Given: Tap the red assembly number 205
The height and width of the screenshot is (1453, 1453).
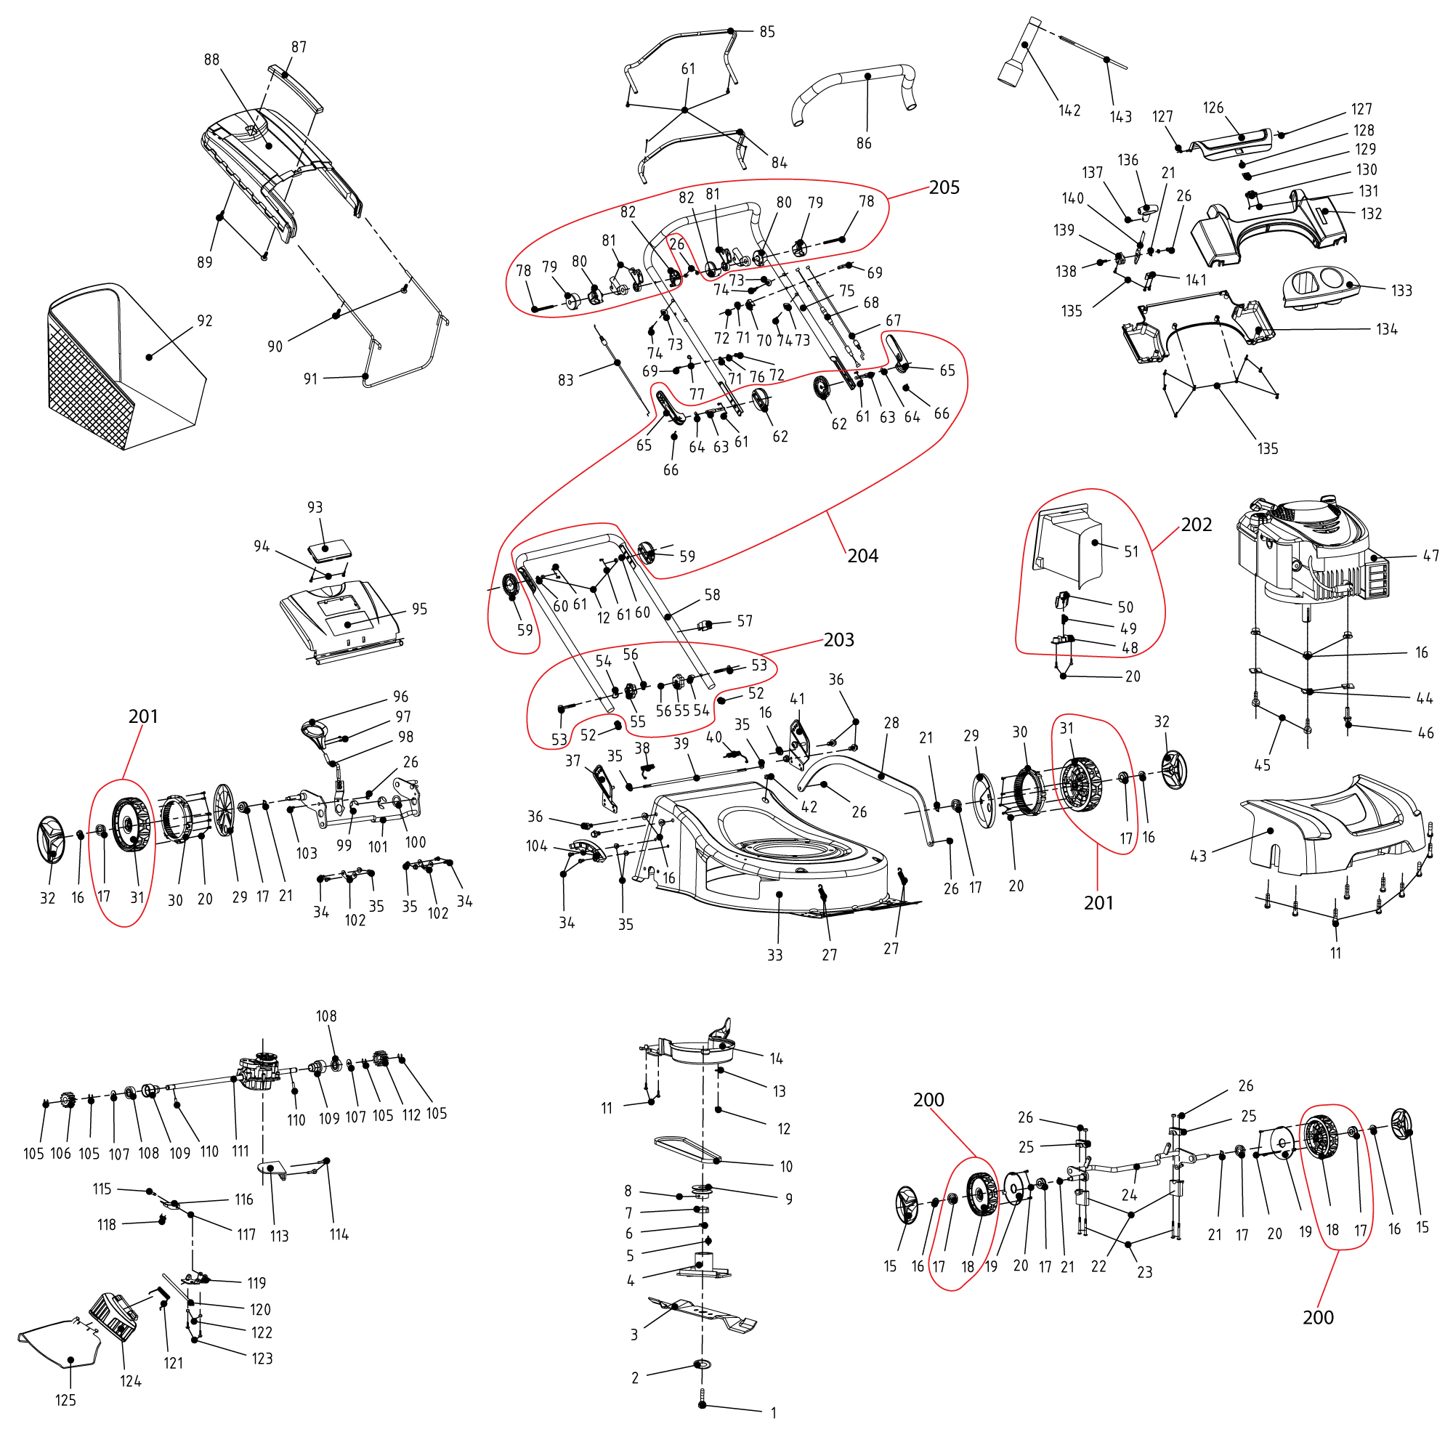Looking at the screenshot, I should pyautogui.click(x=944, y=187).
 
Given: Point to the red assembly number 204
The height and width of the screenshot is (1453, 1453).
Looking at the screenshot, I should pyautogui.click(x=862, y=556).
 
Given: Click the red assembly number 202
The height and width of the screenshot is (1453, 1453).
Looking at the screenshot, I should pyautogui.click(x=1196, y=525).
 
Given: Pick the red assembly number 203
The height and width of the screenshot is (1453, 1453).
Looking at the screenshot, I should pyautogui.click(x=838, y=639).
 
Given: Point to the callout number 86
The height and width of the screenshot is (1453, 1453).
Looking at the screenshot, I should pyautogui.click(x=863, y=143).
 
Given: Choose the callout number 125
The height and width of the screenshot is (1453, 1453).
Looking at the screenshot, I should pyautogui.click(x=65, y=1401).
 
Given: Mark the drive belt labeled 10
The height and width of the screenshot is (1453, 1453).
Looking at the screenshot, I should pyautogui.click(x=688, y=1151).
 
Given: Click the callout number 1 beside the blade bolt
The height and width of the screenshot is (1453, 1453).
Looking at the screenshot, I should pyautogui.click(x=773, y=1413).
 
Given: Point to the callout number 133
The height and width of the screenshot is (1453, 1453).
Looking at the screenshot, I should pyautogui.click(x=1401, y=291).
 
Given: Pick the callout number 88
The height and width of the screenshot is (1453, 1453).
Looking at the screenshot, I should pyautogui.click(x=211, y=60).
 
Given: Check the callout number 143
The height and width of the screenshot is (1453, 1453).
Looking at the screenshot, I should pyautogui.click(x=1120, y=116).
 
